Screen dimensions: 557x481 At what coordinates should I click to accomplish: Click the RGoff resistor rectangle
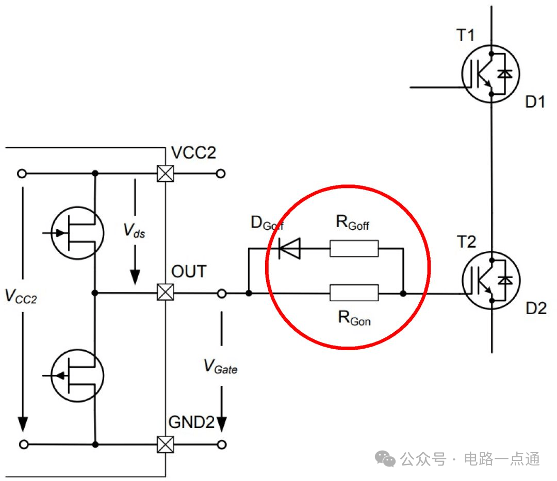(354, 248)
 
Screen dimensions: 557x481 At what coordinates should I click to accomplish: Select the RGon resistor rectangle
(354, 293)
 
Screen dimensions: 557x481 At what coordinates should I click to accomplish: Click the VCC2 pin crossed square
(166, 174)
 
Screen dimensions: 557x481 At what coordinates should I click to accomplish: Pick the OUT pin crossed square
(166, 292)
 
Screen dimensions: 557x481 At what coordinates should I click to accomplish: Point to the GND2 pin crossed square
(166, 444)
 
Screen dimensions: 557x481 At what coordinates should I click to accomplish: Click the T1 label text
(465, 36)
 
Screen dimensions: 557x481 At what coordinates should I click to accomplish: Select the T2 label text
(466, 242)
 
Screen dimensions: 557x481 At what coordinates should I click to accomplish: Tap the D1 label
(535, 102)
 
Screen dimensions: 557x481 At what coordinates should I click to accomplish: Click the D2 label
(536, 308)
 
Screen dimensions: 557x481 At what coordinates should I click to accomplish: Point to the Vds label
(134, 231)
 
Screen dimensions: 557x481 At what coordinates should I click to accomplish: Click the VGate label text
(220, 367)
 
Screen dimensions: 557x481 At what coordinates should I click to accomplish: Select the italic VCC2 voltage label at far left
(21, 297)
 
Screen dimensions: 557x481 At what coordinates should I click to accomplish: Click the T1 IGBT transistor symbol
(490, 74)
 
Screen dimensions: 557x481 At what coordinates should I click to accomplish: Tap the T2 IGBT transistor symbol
(491, 280)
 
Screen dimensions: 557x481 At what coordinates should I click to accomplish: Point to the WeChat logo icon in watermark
(385, 459)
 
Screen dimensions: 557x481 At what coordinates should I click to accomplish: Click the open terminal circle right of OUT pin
(222, 294)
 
